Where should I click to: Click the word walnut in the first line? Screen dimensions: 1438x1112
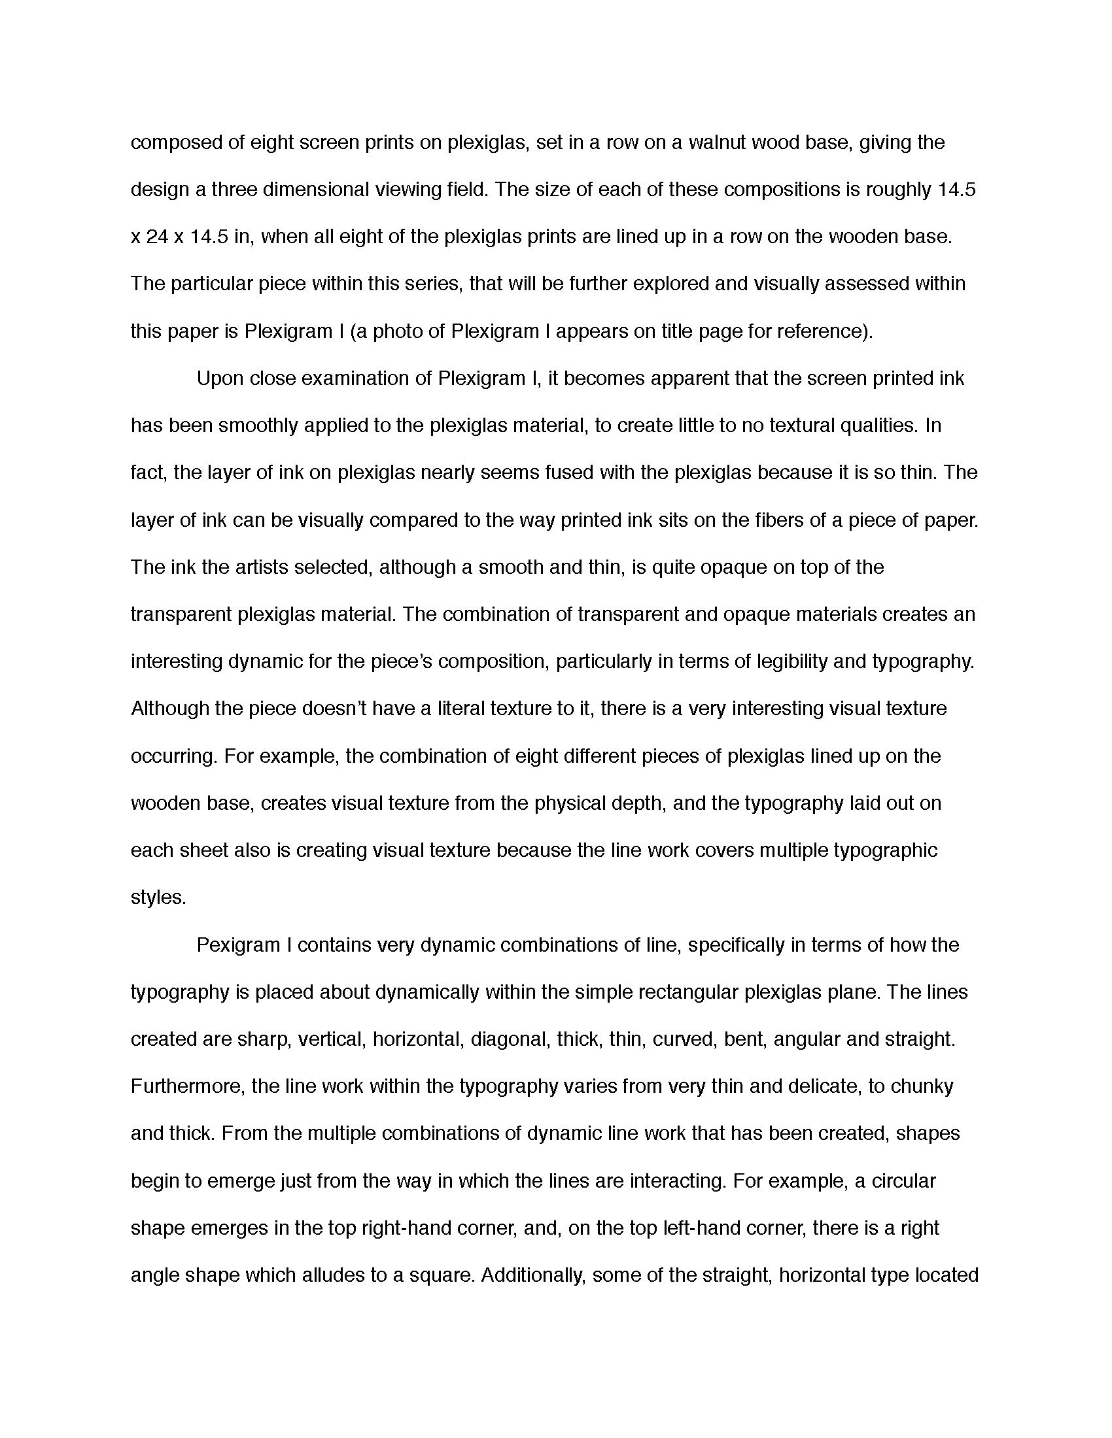pyautogui.click(x=716, y=143)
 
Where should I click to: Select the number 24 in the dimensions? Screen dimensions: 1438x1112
pyautogui.click(x=158, y=237)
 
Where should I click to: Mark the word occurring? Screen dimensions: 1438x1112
pyautogui.click(x=173, y=756)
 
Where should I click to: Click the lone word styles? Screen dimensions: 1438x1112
pyautogui.click(x=158, y=898)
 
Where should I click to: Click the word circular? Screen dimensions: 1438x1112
pyautogui.click(x=903, y=1181)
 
